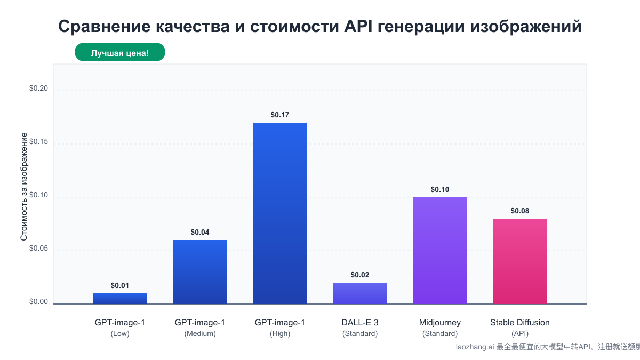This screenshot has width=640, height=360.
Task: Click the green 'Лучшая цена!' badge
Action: point(120,53)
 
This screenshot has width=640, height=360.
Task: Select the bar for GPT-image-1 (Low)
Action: point(120,299)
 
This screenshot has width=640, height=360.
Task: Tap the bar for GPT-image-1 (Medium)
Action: point(200,272)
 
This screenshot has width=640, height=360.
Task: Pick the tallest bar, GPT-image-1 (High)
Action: point(280,213)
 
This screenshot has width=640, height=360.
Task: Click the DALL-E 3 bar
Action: point(360,293)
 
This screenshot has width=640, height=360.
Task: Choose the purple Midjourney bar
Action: point(440,251)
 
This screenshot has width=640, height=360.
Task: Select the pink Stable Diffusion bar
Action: point(520,261)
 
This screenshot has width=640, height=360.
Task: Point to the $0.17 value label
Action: point(280,115)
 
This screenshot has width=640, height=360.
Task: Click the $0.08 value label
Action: point(520,211)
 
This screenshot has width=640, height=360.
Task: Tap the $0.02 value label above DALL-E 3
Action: point(360,275)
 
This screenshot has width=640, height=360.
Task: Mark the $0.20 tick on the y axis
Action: point(38,89)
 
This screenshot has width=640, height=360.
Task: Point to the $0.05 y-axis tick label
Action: point(38,249)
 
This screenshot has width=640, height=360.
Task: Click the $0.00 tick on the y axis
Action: point(38,302)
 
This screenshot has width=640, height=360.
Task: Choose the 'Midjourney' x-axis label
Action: point(440,322)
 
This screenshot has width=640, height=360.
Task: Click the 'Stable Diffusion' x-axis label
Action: point(520,322)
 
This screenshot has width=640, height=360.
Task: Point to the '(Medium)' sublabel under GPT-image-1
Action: point(200,334)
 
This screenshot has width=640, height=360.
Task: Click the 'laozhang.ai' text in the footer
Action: point(475,347)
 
